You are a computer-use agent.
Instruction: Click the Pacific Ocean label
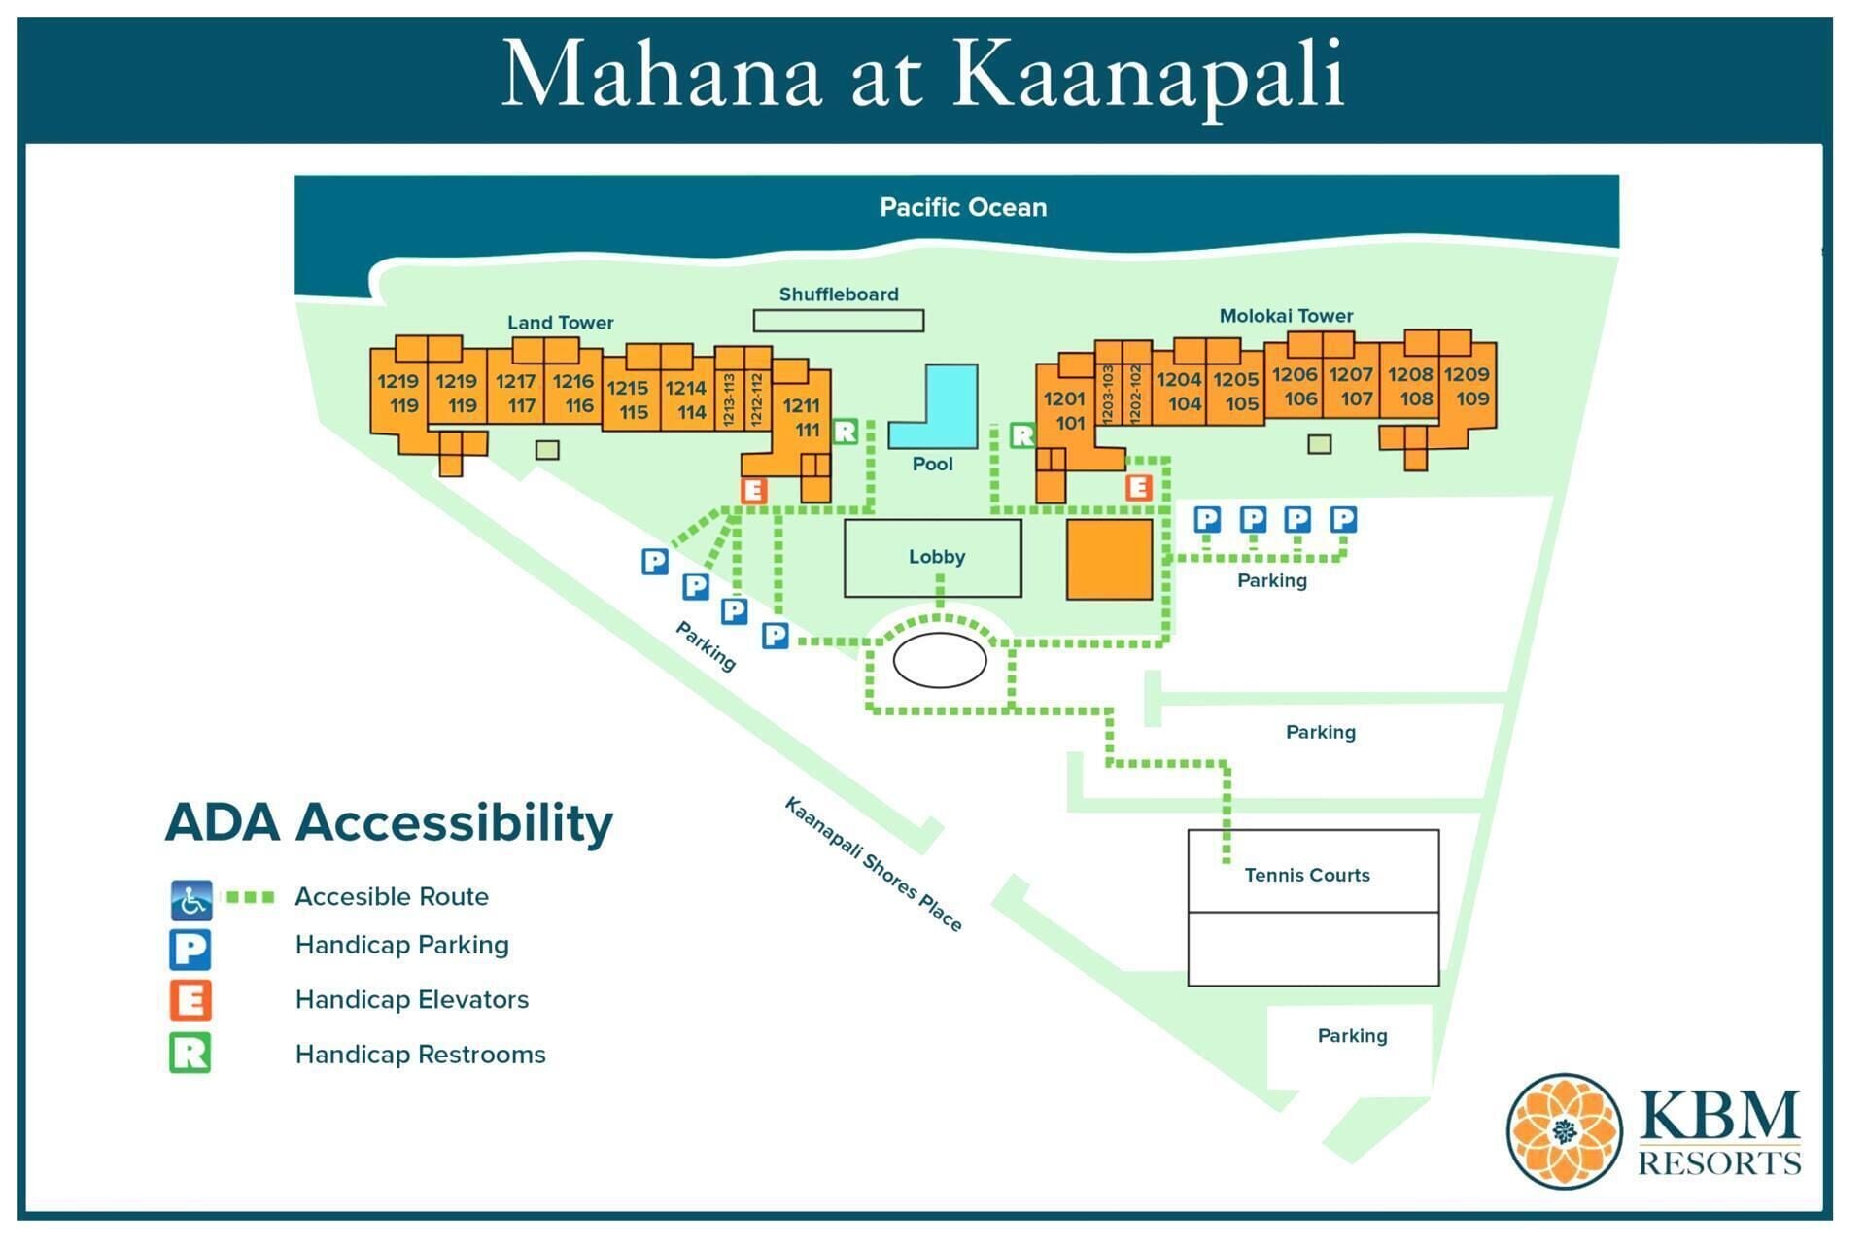pos(962,207)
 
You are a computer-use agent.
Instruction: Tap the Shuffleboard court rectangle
pos(838,321)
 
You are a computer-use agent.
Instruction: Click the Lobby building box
pos(932,558)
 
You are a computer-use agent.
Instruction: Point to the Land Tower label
pos(560,323)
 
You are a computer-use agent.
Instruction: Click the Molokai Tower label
pos(1285,316)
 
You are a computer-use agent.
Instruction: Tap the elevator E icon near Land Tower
pos(753,491)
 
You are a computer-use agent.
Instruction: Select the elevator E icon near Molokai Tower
pos(1138,487)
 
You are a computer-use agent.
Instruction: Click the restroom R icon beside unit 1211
pos(846,432)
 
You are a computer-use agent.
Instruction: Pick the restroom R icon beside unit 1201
pos(1021,435)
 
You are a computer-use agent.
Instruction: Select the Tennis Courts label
pos(1306,875)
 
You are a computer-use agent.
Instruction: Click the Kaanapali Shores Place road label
pos(872,864)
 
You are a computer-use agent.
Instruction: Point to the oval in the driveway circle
pos(939,661)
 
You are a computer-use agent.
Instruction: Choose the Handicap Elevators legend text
pos(411,1000)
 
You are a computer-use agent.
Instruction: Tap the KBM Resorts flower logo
pos(1563,1131)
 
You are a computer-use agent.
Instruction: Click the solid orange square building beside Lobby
pos(1109,560)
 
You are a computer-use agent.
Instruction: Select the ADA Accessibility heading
pos(389,823)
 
